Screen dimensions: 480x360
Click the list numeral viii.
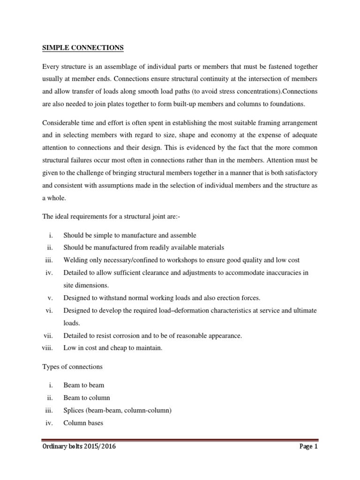[x=48, y=348]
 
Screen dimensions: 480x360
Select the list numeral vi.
[x=51, y=310]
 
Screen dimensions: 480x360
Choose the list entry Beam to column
[x=87, y=397]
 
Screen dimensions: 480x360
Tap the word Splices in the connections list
[x=74, y=410]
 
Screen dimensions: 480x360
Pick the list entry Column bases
[x=83, y=423]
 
